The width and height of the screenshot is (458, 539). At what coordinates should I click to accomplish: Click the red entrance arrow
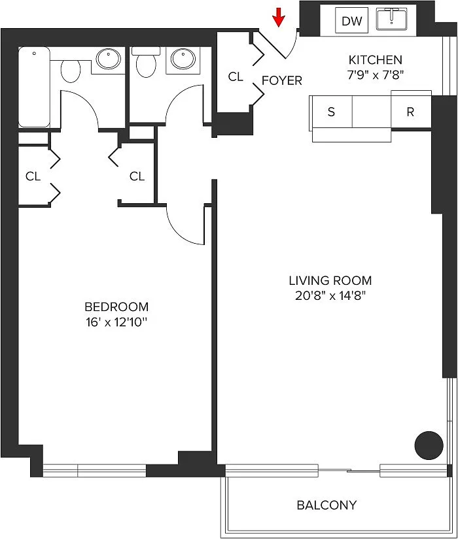point(279,17)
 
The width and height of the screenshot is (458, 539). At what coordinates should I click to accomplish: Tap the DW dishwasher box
point(351,21)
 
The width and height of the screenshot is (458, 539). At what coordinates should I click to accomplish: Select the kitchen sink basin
point(391,20)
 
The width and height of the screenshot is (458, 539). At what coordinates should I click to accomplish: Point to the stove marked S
point(331,112)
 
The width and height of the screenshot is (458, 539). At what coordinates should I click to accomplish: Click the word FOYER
point(282,80)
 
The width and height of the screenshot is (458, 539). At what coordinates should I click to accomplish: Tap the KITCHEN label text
point(376,60)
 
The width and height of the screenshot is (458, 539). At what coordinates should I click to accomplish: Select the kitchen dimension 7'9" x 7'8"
point(376,75)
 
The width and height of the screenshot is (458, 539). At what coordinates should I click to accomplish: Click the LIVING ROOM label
point(330,280)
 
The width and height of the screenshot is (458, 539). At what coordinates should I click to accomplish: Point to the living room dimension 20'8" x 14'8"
point(330,295)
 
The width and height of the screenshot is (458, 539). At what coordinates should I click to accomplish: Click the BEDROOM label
point(116,306)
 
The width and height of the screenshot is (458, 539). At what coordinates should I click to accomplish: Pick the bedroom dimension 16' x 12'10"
point(116,322)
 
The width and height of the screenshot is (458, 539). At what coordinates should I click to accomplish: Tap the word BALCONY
point(326,505)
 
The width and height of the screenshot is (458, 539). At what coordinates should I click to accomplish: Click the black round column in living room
point(429,446)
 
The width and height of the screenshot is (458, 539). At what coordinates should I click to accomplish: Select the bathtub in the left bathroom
point(34,88)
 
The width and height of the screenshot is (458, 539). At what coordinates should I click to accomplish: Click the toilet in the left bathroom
point(71,71)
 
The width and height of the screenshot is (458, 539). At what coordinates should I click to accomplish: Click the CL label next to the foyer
point(236,76)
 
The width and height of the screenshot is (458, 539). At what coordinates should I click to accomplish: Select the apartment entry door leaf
point(272,44)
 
